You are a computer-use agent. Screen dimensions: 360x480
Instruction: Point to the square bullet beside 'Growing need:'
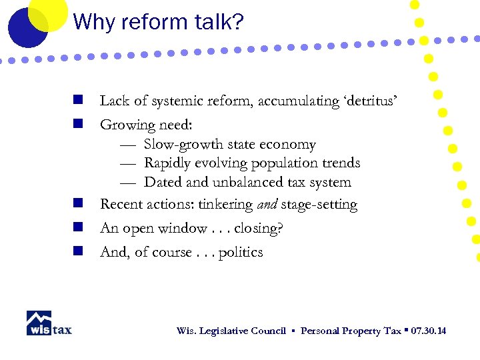(78, 123)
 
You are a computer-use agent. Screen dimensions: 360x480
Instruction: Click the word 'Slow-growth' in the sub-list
(183, 145)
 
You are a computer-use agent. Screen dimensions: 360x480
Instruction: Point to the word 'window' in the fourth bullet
(189, 228)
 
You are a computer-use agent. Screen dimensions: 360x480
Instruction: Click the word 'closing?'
(259, 229)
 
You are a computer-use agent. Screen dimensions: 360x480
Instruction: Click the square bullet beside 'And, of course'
(78, 251)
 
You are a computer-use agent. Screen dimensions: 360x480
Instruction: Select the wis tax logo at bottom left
(49, 323)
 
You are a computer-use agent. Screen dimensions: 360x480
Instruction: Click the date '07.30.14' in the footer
(429, 331)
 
